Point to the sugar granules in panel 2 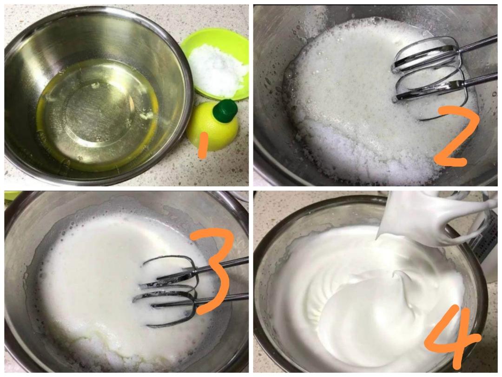click(353, 154)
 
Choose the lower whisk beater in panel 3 click(165, 303)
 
